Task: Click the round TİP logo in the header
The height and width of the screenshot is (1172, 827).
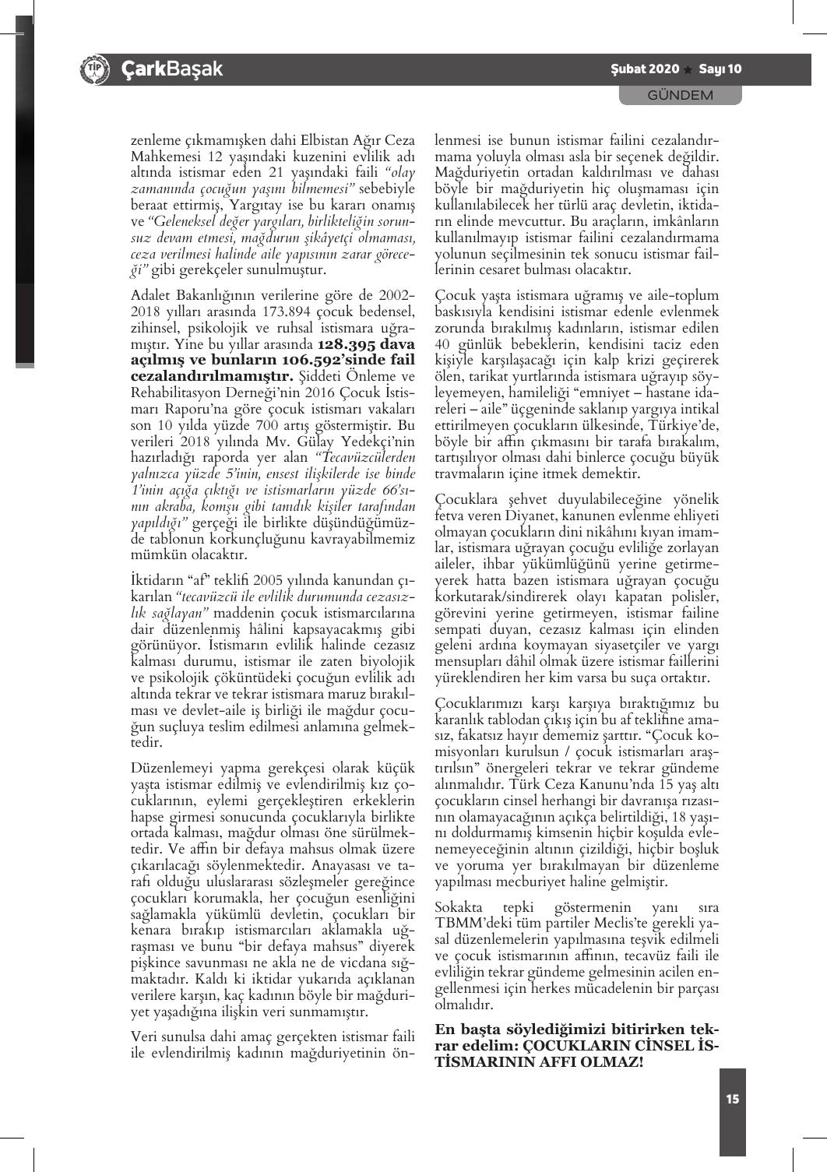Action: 93,69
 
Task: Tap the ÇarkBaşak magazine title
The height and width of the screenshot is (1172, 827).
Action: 171,69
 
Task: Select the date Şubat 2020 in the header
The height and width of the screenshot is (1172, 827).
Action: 646,69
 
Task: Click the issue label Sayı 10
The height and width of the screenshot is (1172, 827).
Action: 720,69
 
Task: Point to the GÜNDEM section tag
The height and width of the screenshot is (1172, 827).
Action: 681,95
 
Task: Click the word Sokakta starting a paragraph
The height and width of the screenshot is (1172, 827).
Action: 460,907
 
